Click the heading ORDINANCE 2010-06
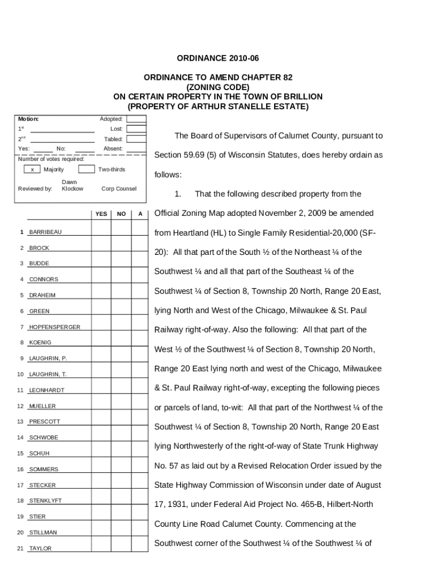[x=218, y=58]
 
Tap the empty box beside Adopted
[x=136, y=119]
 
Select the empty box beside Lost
[x=136, y=129]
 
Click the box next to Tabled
[x=136, y=139]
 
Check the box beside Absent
[x=136, y=149]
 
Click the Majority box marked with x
[x=32, y=169]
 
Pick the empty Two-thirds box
[x=86, y=169]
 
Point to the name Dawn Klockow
[x=72, y=185]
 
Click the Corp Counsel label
[x=119, y=189]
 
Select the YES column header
[x=101, y=214]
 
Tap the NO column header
[x=121, y=214]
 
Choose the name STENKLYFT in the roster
[x=46, y=501]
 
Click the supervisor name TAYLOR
[x=40, y=548]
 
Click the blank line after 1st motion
[x=62, y=129]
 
